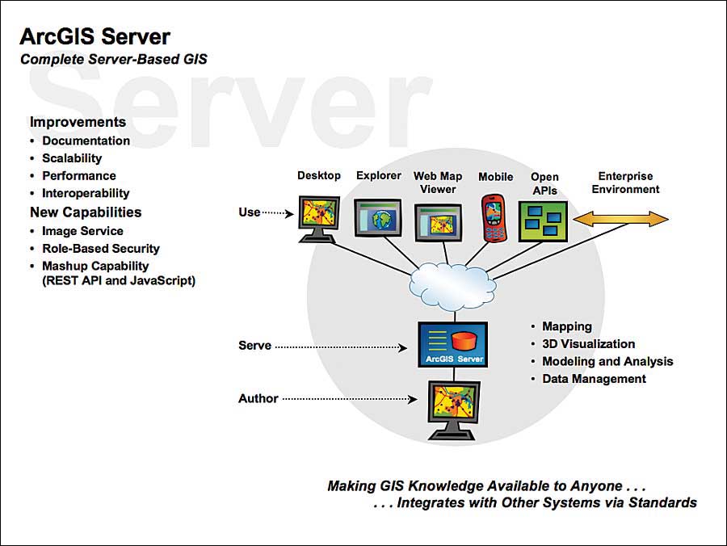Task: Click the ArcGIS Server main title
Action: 95,36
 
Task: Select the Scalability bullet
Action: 72,158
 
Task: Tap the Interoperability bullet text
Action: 86,193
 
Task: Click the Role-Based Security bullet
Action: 101,249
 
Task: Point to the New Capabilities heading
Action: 86,212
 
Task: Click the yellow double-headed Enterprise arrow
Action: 620,219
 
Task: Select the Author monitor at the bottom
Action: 452,408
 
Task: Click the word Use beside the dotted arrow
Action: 250,212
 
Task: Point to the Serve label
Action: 254,346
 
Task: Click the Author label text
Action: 258,398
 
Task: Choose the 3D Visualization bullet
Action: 588,344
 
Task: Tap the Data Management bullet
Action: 594,379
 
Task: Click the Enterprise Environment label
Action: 625,183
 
